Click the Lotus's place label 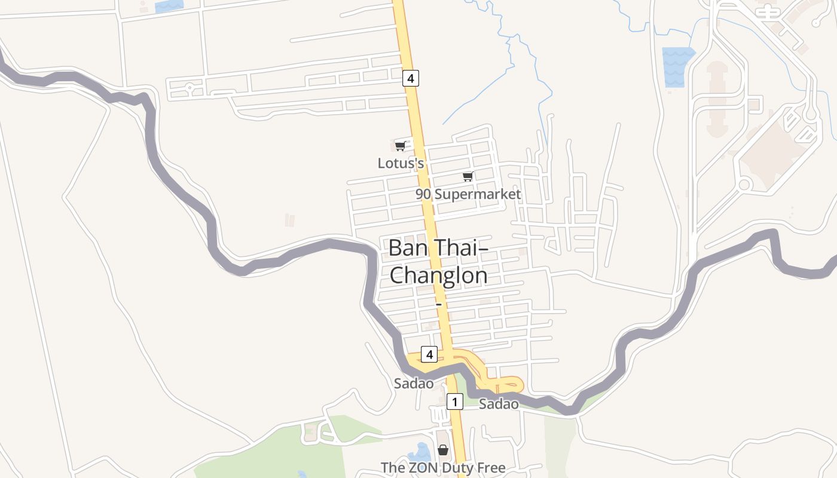click(x=401, y=163)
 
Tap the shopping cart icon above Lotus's click(x=401, y=146)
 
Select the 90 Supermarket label click(x=468, y=194)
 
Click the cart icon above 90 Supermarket click(x=468, y=176)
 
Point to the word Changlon click(x=438, y=275)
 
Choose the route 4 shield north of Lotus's click(x=411, y=78)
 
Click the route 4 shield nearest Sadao click(x=429, y=354)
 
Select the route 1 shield click(x=455, y=402)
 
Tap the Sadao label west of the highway click(x=414, y=384)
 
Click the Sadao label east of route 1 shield click(x=499, y=404)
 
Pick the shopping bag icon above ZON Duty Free click(x=443, y=450)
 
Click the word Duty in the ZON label click(x=454, y=468)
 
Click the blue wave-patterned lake click(x=677, y=66)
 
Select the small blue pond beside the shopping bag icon click(x=420, y=452)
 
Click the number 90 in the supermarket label click(x=423, y=194)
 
